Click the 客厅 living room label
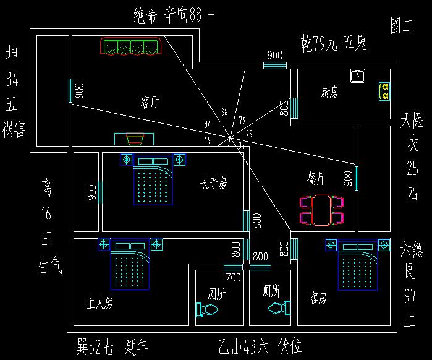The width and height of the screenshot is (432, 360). [x=150, y=102]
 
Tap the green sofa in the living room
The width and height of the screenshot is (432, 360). [x=132, y=48]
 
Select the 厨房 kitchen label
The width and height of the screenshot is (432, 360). [x=329, y=92]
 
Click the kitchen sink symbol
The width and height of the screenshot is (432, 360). [x=358, y=76]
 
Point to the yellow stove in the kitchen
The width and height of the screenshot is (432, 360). [x=384, y=92]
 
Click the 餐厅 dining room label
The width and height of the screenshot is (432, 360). [x=316, y=179]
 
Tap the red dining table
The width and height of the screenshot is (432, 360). [x=320, y=208]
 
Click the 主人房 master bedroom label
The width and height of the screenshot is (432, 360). [x=100, y=304]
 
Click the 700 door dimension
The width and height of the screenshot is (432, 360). [x=233, y=278]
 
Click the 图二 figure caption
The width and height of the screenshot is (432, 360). [x=402, y=25]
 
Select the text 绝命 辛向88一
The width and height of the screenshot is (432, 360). [x=173, y=15]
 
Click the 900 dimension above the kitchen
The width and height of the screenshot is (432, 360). [x=275, y=56]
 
